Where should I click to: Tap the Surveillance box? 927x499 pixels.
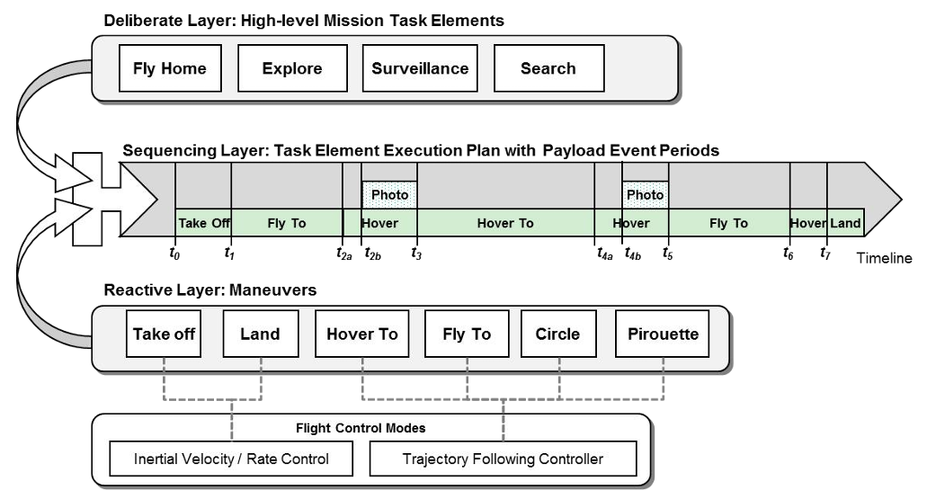(420, 68)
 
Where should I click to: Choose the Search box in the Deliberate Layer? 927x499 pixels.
(548, 68)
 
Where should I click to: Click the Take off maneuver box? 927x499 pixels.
(165, 334)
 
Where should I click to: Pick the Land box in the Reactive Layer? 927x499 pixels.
(260, 334)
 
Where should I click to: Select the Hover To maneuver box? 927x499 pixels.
(362, 334)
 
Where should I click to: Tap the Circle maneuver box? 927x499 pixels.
(557, 334)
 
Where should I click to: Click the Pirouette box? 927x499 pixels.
(664, 334)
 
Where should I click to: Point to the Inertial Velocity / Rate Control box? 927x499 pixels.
(232, 459)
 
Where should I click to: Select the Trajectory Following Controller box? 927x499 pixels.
(503, 459)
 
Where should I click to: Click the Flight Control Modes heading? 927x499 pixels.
(361, 427)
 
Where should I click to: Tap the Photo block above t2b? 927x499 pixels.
(389, 194)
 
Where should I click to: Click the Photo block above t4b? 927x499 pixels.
(645, 194)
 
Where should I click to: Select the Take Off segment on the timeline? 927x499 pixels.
(204, 223)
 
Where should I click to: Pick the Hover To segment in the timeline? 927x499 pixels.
(505, 223)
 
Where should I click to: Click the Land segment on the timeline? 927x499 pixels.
(845, 223)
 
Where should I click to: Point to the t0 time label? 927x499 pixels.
(174, 253)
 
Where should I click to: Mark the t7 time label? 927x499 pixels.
(824, 253)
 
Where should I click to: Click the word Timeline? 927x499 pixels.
(884, 257)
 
